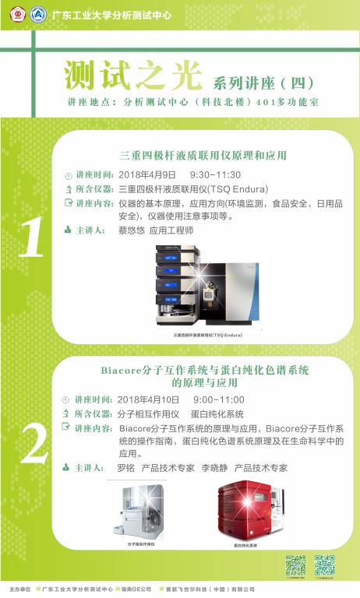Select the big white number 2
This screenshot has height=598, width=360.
33,445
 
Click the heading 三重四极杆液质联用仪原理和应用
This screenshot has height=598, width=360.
204,155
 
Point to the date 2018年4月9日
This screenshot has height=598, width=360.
147,174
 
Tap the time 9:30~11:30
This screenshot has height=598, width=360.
215,174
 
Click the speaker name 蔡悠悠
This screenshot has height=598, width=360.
132,231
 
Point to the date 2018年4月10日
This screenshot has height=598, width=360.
150,399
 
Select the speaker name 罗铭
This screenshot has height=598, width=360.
125,469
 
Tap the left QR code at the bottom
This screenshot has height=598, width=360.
295,565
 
